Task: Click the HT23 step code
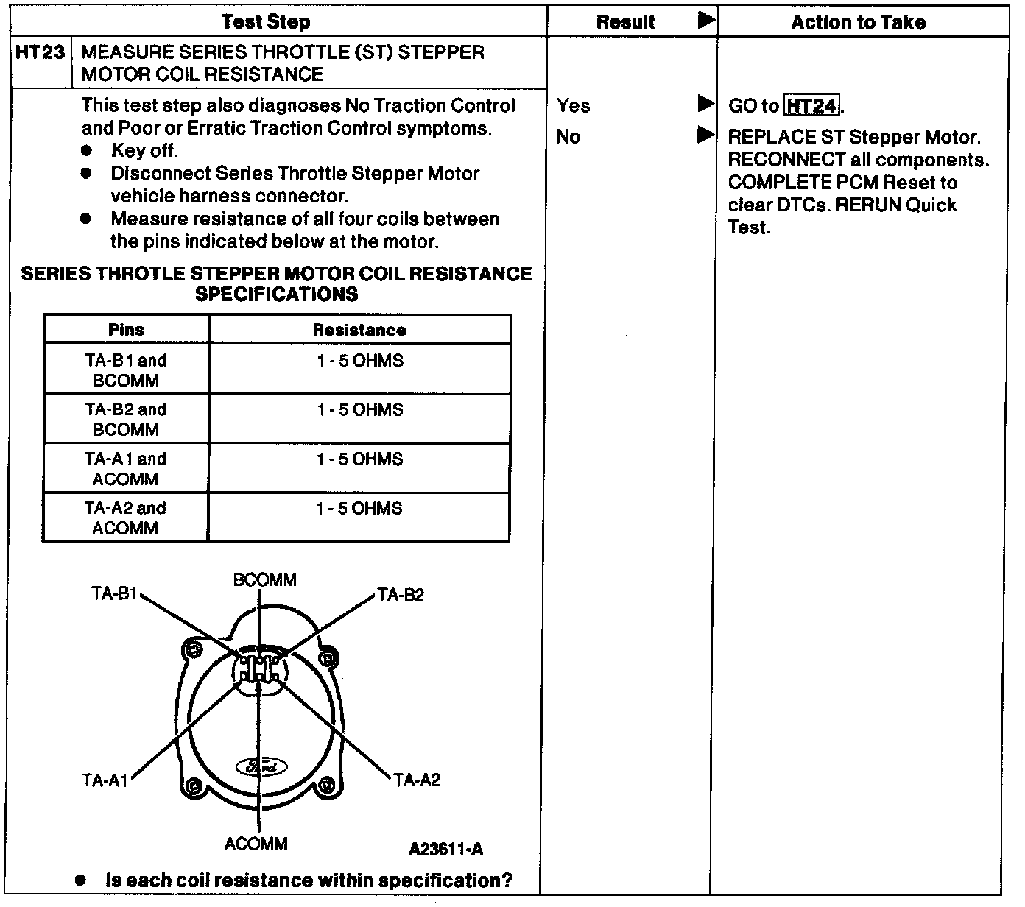click(40, 53)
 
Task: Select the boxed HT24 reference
click(812, 106)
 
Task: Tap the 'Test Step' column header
click(266, 22)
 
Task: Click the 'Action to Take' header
click(859, 22)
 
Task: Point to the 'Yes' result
click(574, 106)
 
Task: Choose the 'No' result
click(568, 137)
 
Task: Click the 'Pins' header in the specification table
click(126, 330)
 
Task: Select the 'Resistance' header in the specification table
click(359, 330)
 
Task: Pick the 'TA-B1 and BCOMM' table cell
click(126, 370)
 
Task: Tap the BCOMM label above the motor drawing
click(264, 580)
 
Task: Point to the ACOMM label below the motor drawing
click(256, 844)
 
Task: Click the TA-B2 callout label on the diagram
click(401, 595)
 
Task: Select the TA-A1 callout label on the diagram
click(105, 780)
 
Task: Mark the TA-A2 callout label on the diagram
click(417, 780)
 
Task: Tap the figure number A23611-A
click(445, 849)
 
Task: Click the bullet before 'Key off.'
click(87, 151)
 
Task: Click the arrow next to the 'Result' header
click(705, 21)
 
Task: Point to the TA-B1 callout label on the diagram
click(114, 593)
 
